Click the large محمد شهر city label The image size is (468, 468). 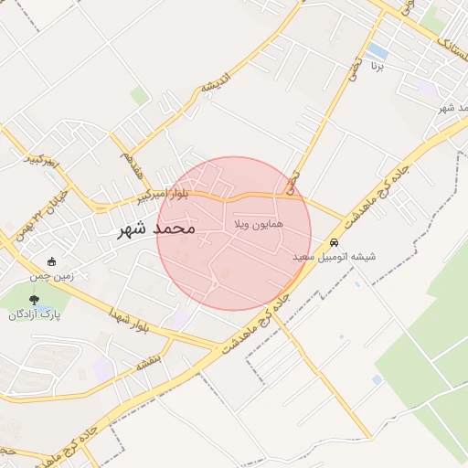(x=157, y=228)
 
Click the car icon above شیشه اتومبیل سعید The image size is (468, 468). (x=335, y=244)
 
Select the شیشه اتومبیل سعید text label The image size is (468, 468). (x=335, y=258)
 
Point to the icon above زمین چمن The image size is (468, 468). (x=51, y=261)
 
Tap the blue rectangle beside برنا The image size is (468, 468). (x=377, y=50)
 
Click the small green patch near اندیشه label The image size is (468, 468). (x=139, y=95)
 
